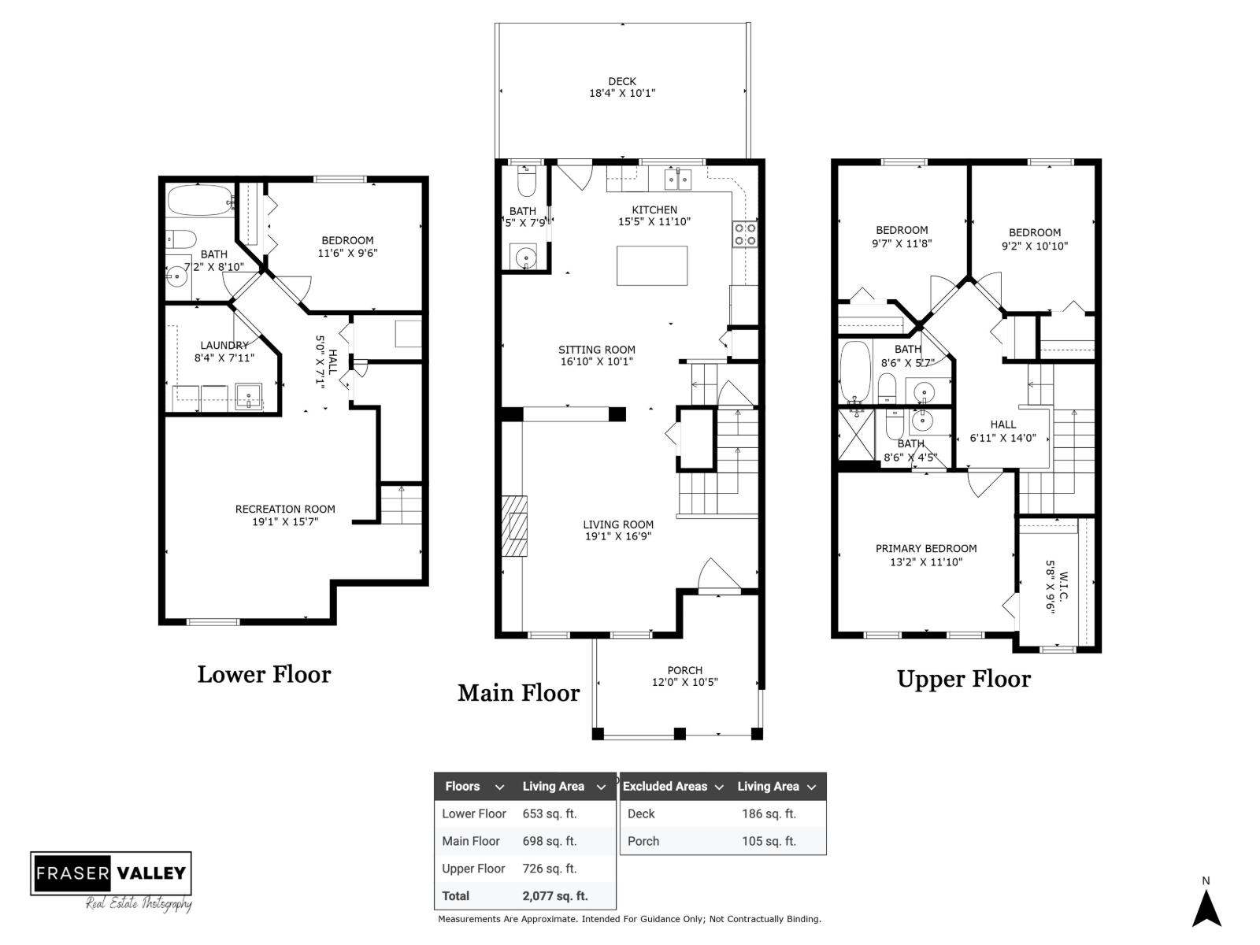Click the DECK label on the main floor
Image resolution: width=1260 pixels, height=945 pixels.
coord(621,81)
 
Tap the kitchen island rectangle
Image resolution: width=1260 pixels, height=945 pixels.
coord(651,265)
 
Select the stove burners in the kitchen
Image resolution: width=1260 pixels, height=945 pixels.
coord(746,234)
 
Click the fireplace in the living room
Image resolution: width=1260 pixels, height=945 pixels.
coord(516,527)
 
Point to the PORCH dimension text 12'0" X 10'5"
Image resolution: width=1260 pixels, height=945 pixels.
coord(684,683)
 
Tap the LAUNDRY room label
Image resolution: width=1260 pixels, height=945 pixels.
coord(224,345)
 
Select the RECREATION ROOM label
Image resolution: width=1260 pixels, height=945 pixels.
coord(285,509)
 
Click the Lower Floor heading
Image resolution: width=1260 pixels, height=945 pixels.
coord(264,674)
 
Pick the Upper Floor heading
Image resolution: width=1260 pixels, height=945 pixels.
coord(963,679)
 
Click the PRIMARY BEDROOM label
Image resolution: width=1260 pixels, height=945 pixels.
coord(926,548)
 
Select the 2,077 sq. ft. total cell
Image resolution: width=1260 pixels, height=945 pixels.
coord(554,896)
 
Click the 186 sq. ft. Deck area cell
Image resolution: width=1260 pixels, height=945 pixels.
coord(769,813)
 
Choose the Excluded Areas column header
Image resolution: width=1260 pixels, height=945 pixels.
coord(665,786)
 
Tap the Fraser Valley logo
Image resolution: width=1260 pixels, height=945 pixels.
coord(111,873)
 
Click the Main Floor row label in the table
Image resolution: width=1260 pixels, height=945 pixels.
coord(471,841)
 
